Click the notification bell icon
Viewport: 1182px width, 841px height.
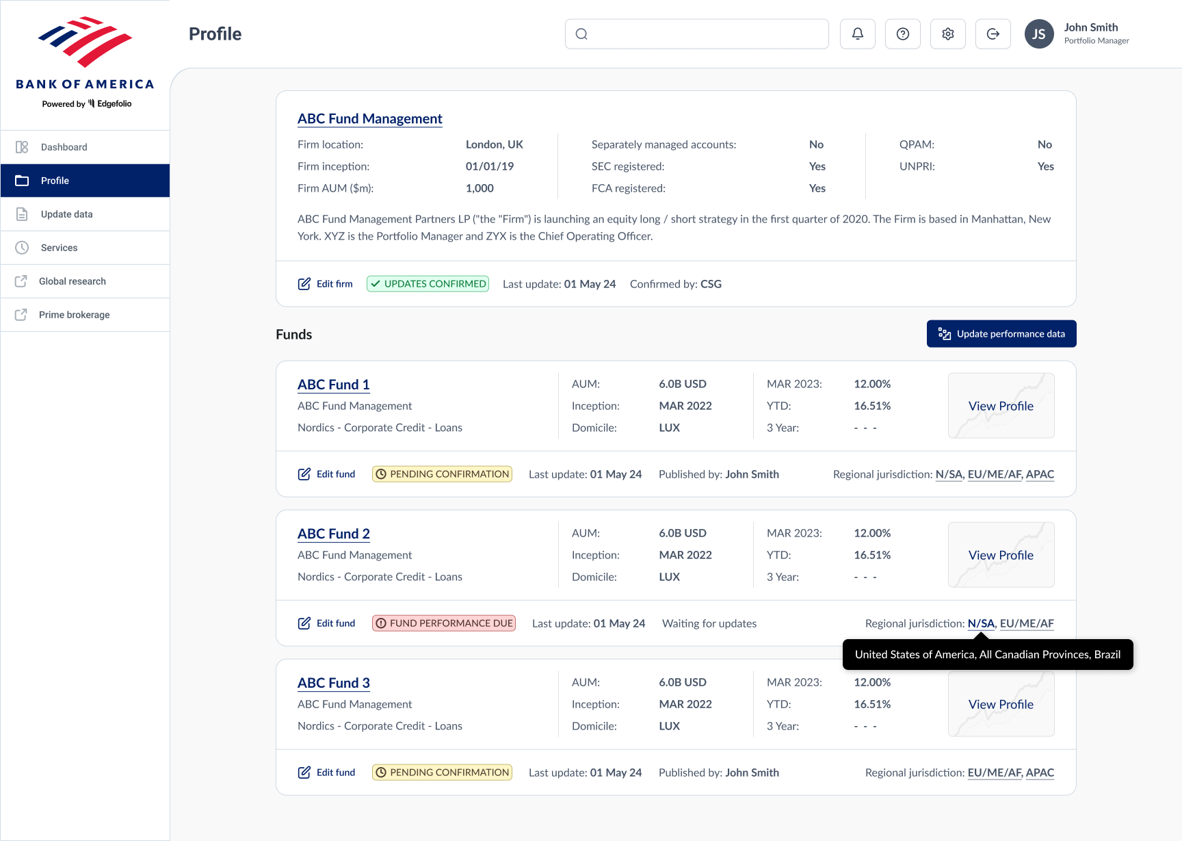(857, 34)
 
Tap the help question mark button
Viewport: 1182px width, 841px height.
(902, 34)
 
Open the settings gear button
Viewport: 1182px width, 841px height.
(947, 34)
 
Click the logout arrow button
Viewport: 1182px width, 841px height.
(993, 34)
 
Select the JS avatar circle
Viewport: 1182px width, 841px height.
(1038, 34)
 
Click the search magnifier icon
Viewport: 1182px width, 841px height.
(581, 34)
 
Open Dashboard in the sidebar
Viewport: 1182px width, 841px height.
(64, 147)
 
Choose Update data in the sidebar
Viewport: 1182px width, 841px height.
(66, 214)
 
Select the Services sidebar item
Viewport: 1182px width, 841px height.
(59, 248)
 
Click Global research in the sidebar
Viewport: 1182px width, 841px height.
(72, 281)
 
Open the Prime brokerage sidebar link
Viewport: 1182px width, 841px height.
(74, 315)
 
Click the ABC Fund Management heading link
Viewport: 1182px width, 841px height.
(369, 118)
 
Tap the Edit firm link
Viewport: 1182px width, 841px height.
(326, 284)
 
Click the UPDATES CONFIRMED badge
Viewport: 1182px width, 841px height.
(428, 284)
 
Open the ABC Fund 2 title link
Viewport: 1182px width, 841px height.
(333, 534)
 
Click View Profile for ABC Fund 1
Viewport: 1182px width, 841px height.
(1001, 406)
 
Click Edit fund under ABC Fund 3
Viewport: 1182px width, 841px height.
(327, 773)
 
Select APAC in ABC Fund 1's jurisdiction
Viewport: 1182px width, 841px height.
(1040, 474)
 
